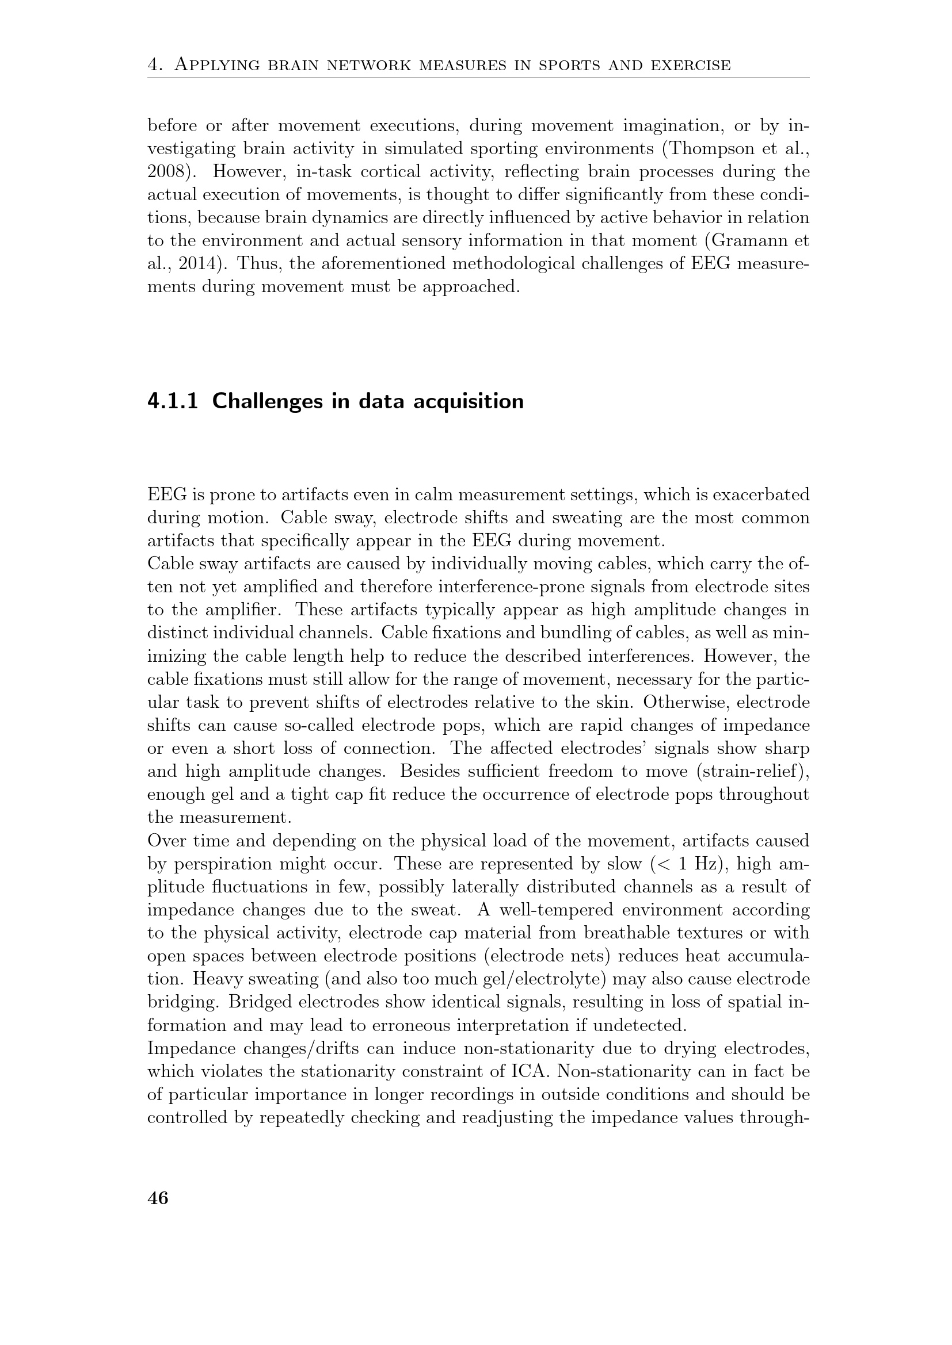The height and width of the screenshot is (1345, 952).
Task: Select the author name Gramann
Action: (x=752, y=241)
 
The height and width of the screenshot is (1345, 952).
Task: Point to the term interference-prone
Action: (x=518, y=587)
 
